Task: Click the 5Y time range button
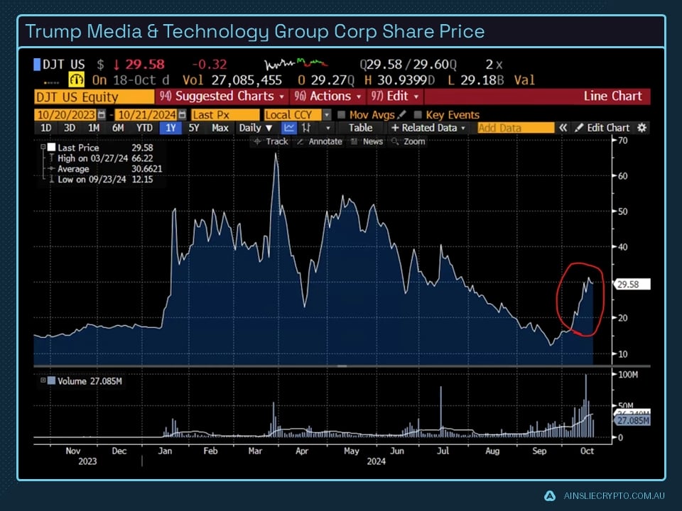[194, 128]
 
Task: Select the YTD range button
[144, 128]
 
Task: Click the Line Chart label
[612, 96]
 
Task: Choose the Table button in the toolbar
[360, 128]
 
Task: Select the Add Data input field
[516, 128]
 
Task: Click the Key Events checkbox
[418, 115]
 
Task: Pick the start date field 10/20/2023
[66, 115]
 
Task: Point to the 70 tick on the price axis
[623, 141]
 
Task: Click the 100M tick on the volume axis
[627, 374]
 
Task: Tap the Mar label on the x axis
[256, 450]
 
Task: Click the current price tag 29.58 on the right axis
[629, 285]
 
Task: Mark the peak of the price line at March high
[276, 153]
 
